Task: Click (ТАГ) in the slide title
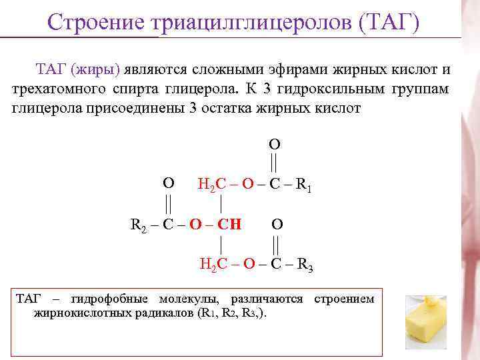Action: click(389, 23)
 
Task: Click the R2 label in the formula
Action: click(137, 224)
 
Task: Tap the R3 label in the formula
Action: click(305, 265)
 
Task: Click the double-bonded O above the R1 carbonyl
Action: click(274, 144)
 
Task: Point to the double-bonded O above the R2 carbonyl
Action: click(169, 183)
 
